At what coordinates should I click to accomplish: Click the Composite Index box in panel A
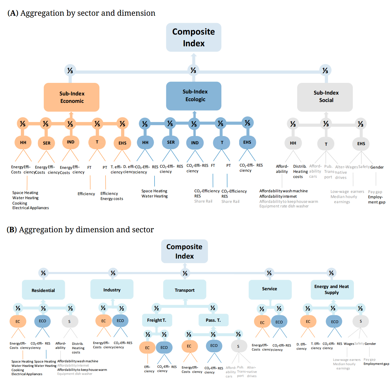point(194,37)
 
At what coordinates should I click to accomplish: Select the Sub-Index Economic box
point(71,97)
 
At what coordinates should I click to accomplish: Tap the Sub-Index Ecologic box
point(194,96)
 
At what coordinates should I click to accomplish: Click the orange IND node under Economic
point(71,142)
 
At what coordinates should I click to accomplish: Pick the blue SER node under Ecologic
point(171,142)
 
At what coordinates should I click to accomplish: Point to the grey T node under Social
point(326,144)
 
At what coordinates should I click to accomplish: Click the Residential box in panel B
point(43,290)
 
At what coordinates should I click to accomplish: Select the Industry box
point(112,289)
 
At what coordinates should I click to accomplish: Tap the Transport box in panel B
point(185,290)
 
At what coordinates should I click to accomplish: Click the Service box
point(270,289)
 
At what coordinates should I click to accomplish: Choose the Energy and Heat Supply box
point(332,289)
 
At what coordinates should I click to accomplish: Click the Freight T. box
point(157,320)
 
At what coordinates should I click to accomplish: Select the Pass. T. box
point(213,320)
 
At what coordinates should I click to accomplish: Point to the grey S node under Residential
point(69,321)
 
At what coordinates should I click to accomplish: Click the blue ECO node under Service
point(279,322)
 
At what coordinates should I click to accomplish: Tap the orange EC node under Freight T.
point(147,348)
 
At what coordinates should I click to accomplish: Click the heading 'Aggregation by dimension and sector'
point(86,230)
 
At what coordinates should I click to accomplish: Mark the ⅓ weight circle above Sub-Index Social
point(325,70)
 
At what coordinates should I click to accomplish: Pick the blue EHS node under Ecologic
point(247,142)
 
